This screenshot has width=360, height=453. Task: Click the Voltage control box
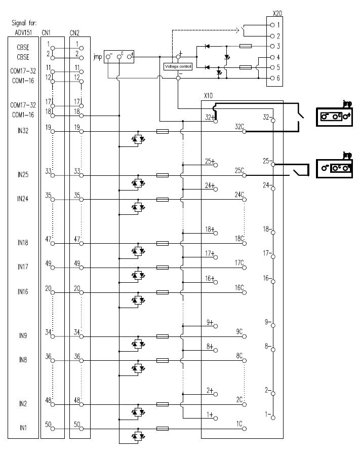pos(178,66)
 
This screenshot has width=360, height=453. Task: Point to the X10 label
pos(207,96)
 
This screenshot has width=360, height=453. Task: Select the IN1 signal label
pos(23,428)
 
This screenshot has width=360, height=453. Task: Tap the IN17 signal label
pos(23,267)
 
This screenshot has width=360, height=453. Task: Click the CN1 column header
pos(46,32)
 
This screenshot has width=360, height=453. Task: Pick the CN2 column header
pos(75,32)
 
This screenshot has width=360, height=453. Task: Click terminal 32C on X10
pos(244,131)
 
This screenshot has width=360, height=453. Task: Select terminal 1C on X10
pos(244,428)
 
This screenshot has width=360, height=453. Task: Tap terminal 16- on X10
pos(272,281)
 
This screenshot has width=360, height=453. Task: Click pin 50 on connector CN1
pos(51,428)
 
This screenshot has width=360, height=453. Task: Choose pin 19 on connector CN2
pos(80,131)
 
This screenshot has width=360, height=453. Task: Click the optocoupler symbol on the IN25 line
pos(138,182)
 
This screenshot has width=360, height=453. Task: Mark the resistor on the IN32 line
pos(163,131)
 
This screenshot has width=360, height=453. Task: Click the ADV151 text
pos(23,32)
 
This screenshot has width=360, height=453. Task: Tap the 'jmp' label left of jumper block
pos(97,57)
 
